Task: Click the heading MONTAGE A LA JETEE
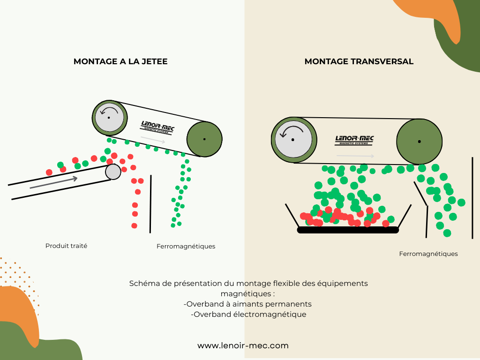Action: click(120, 61)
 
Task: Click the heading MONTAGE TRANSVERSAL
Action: click(359, 61)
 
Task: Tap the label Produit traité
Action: click(67, 246)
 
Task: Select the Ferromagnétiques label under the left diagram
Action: click(186, 246)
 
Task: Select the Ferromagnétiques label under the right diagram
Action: click(428, 254)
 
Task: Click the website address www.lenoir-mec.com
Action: click(243, 346)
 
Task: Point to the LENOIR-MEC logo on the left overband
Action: click(157, 127)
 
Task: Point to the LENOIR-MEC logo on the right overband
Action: click(354, 140)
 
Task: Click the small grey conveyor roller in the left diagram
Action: click(113, 172)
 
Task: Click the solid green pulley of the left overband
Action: click(204, 139)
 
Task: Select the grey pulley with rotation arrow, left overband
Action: click(110, 117)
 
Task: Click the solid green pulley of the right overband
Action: click(420, 141)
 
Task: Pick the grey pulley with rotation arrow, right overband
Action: click(294, 140)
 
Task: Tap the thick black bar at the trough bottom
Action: click(348, 230)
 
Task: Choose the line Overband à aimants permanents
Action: click(247, 304)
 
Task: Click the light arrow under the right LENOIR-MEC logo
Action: click(355, 156)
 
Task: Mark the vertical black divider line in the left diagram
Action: click(150, 204)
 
